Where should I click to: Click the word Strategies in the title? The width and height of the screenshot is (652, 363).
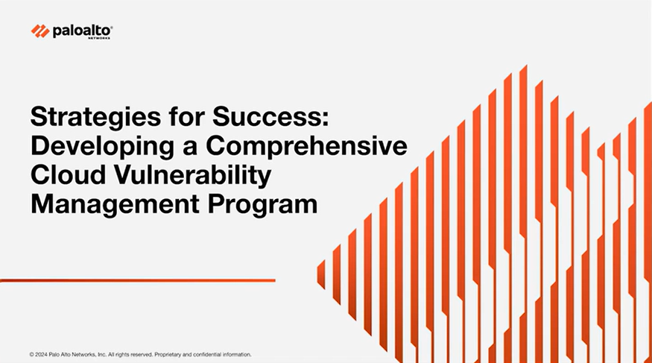tap(95, 118)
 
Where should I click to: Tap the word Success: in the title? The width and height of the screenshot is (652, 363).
tap(270, 116)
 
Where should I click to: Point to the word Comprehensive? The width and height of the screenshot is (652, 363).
tap(306, 146)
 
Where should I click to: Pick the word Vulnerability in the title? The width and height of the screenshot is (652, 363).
tap(192, 175)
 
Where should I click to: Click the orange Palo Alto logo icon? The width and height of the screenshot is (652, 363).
tap(40, 31)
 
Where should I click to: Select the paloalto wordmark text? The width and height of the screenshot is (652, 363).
tap(82, 31)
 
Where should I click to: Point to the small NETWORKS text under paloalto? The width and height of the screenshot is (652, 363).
tap(99, 38)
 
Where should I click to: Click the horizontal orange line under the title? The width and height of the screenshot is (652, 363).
tap(138, 281)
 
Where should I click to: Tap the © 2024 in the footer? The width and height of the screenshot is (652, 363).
tap(38, 355)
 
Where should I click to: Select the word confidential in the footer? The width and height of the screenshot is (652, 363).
tap(206, 355)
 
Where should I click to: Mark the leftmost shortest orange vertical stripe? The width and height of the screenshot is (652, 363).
tap(321, 274)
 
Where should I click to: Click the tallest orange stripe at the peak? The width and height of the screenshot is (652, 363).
tap(523, 208)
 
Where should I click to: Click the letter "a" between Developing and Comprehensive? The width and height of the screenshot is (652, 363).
tap(190, 148)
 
